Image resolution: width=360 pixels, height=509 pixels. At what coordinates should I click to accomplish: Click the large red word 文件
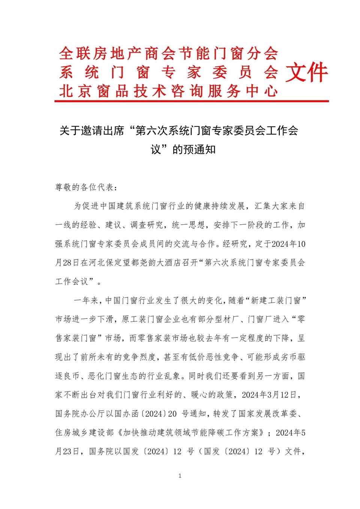tap(306, 72)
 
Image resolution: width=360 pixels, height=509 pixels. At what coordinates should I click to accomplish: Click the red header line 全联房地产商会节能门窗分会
tap(168, 54)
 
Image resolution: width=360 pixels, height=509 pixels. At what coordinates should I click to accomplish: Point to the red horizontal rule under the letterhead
tap(192, 101)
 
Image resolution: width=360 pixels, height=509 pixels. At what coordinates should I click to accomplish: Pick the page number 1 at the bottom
tap(180, 476)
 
